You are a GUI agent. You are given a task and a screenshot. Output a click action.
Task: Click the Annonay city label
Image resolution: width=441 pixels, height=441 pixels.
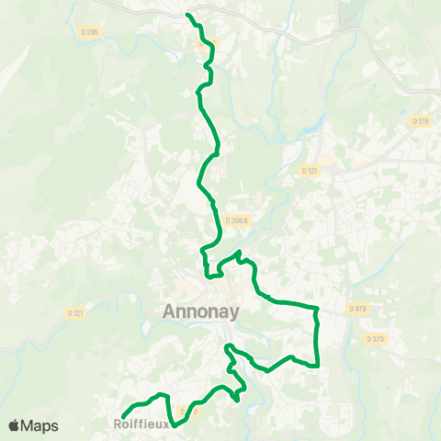click(201, 311)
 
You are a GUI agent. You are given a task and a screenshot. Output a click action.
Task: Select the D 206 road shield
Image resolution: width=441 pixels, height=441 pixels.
click(89, 32)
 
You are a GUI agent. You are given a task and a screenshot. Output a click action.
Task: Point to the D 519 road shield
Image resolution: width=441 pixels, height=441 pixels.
click(422, 120)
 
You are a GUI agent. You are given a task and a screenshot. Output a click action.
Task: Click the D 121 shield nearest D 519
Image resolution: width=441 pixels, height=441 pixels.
click(309, 171)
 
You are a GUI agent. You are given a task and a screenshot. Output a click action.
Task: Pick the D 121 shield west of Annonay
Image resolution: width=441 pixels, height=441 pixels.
click(75, 313)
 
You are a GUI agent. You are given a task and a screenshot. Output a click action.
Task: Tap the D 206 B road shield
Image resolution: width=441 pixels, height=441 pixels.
click(237, 220)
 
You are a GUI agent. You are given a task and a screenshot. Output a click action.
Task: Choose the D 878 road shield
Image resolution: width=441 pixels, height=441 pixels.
click(358, 309)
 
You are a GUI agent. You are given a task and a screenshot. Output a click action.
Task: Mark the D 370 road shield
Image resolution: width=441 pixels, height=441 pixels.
click(375, 339)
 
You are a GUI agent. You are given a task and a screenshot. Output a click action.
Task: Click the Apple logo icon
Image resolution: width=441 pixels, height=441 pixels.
click(15, 425)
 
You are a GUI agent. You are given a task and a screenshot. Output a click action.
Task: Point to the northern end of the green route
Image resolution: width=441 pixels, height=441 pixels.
click(188, 16)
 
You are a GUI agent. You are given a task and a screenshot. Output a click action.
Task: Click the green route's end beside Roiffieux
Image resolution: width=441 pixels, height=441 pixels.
click(123, 418)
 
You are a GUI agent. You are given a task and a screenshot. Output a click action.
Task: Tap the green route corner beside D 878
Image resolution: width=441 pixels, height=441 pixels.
click(317, 309)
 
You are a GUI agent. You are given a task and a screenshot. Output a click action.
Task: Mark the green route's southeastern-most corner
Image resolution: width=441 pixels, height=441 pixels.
click(317, 365)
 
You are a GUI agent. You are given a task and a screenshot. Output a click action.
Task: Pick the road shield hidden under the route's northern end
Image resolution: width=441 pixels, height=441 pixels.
click(209, 41)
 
